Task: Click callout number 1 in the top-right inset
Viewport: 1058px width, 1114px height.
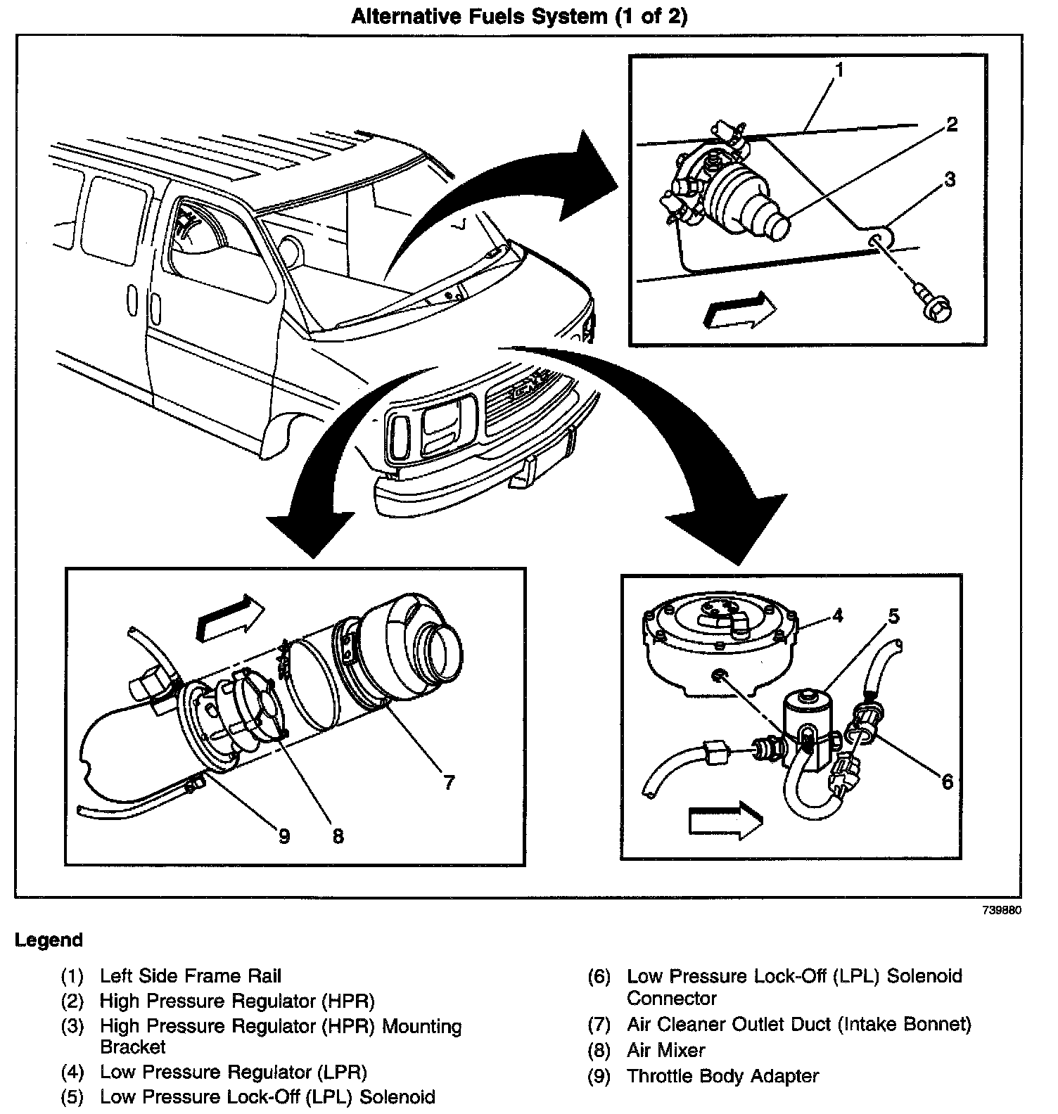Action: coord(839,70)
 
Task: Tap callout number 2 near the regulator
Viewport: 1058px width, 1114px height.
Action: coord(951,125)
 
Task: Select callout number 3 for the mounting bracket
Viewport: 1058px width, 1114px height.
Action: coord(950,180)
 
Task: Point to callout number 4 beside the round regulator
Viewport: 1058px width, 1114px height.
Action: coord(837,616)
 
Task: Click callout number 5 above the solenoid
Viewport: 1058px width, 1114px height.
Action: coord(893,617)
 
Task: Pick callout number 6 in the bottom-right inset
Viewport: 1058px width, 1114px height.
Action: coord(947,781)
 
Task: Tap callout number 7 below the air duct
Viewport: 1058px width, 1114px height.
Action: coord(449,782)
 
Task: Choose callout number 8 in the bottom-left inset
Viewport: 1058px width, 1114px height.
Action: coord(338,836)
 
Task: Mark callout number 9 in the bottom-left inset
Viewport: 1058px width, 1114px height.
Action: coord(283,836)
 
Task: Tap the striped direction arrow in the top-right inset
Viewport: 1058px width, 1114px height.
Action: coord(739,309)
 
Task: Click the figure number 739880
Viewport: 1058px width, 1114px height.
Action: coord(1002,910)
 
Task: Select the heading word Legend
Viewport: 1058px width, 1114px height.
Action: coord(49,940)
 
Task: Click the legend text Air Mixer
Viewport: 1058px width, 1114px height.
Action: coord(665,1051)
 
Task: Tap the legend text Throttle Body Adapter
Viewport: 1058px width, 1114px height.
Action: coord(722,1076)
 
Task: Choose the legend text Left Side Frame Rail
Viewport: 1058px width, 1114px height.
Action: coord(190,976)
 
